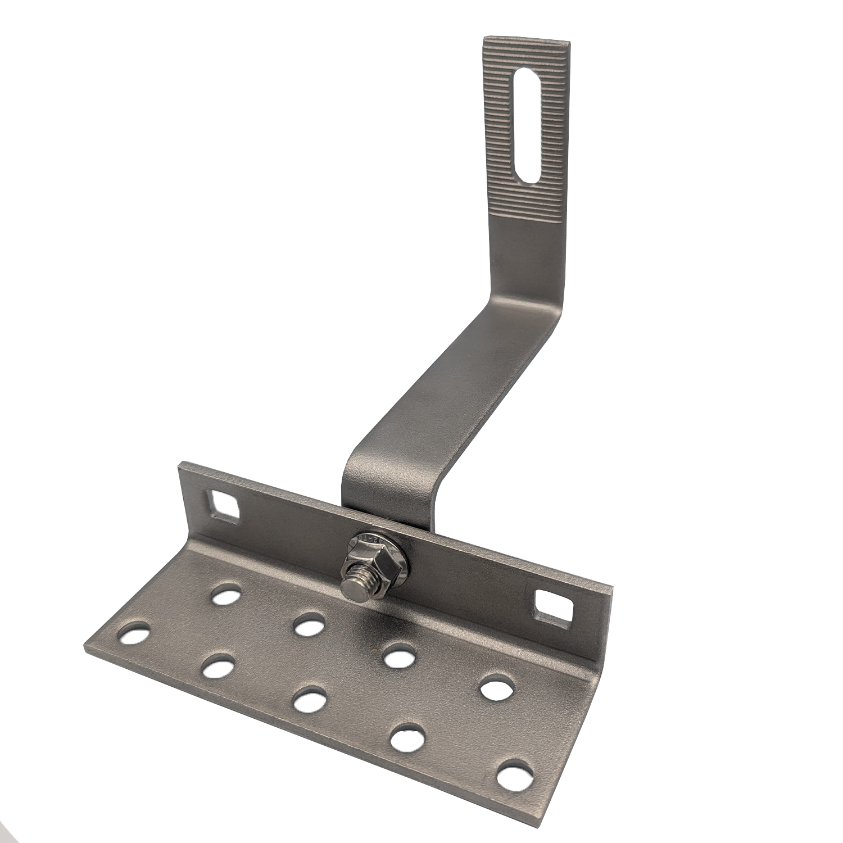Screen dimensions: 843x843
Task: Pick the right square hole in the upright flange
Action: (x=551, y=607)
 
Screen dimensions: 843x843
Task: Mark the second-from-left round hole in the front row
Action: (x=218, y=667)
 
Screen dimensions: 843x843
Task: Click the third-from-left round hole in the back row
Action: (x=398, y=655)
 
